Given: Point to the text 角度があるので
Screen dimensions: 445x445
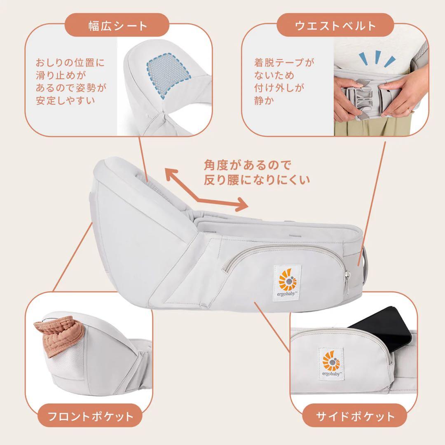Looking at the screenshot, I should tap(247, 166).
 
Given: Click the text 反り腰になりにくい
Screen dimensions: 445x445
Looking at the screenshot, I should tap(256, 180).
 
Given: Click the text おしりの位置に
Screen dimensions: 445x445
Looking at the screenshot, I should tap(70, 63).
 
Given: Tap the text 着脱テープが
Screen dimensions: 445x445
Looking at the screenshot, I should tap(284, 63).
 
